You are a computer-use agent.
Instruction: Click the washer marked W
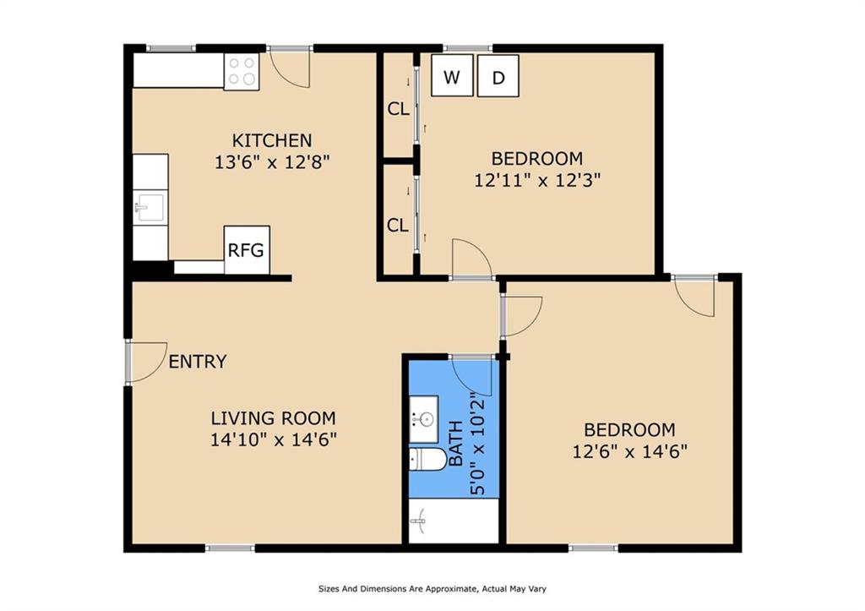452,75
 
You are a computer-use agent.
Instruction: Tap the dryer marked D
498,75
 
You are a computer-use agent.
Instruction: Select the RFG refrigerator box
247,250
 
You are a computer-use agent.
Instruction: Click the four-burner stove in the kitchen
242,72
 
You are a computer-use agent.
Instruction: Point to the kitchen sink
150,207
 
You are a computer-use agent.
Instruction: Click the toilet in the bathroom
427,459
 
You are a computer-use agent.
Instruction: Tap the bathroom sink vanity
424,419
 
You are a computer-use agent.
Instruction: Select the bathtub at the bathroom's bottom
454,521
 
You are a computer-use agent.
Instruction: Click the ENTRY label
198,362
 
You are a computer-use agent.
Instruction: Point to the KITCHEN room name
272,140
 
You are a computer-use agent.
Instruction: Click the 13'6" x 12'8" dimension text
272,162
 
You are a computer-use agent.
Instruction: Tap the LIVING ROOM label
273,417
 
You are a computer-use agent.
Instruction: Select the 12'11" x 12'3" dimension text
537,180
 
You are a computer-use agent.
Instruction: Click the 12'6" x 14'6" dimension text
629,451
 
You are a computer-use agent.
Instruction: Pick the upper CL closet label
399,109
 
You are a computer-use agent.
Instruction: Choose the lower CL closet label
398,225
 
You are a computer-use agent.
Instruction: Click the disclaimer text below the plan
432,589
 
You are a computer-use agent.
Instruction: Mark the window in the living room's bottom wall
230,548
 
